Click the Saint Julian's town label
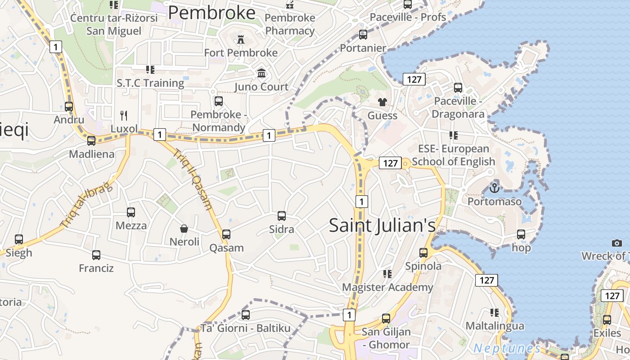(382, 225)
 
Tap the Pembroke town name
(211, 13)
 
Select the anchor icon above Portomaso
(495, 188)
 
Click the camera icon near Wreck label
(617, 243)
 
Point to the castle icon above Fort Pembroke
(241, 40)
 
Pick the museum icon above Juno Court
(261, 73)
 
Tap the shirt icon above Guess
(382, 102)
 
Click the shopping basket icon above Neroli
(184, 229)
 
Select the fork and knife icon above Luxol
(124, 116)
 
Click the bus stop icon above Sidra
(282, 216)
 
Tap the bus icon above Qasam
(226, 234)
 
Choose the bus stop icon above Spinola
(423, 253)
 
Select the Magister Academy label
(387, 287)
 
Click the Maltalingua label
(495, 326)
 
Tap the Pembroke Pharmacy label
(290, 24)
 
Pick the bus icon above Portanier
(363, 35)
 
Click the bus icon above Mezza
(131, 212)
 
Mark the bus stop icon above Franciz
(96, 255)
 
